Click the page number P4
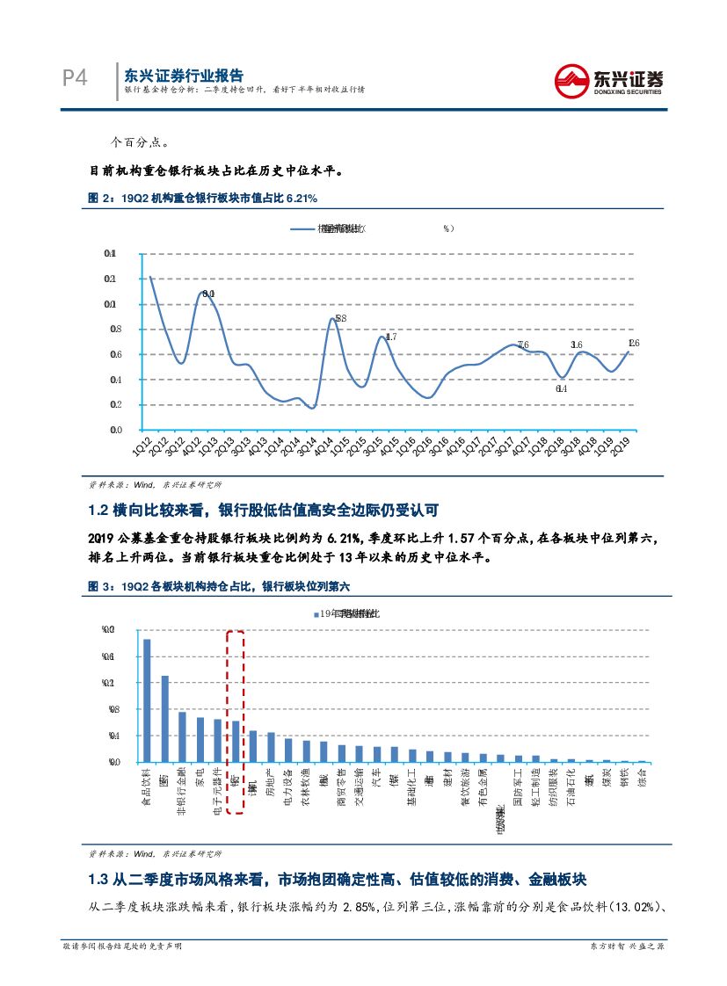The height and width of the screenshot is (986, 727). pos(75,79)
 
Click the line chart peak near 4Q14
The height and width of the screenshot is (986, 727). pos(332,319)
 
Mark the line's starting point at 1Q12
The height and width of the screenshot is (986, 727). pos(150,277)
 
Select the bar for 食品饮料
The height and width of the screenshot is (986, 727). pos(147,700)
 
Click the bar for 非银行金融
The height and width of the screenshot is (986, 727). pos(182,736)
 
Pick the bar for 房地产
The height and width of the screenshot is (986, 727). pos(271,747)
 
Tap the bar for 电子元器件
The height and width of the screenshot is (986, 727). pos(217,741)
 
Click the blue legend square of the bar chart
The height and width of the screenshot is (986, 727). pos(316,614)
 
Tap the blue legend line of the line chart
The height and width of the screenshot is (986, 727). pos(303,228)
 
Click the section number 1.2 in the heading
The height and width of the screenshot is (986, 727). pos(98,510)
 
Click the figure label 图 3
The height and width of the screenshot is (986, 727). pos(99,586)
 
